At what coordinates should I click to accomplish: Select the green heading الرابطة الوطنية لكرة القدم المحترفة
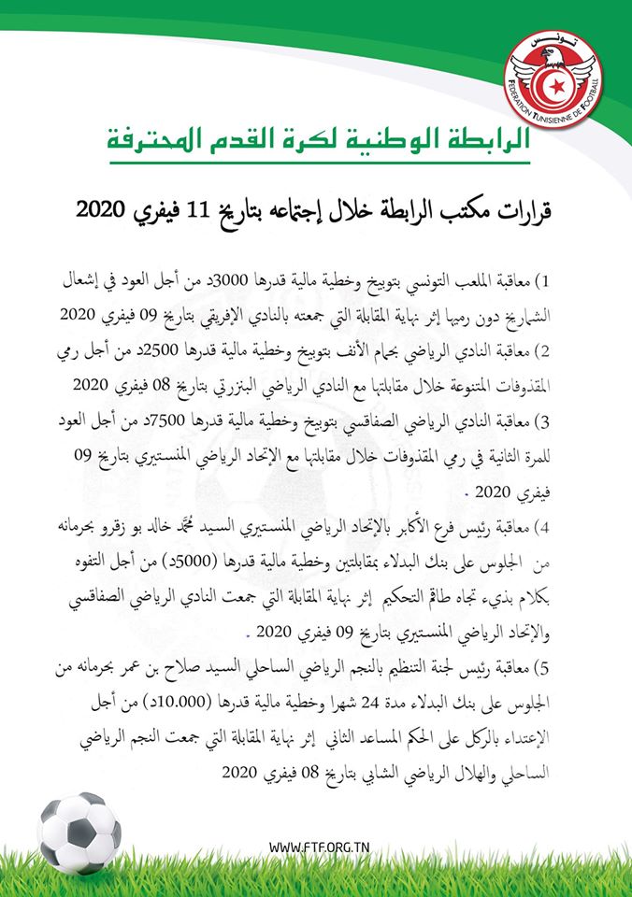(314, 140)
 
